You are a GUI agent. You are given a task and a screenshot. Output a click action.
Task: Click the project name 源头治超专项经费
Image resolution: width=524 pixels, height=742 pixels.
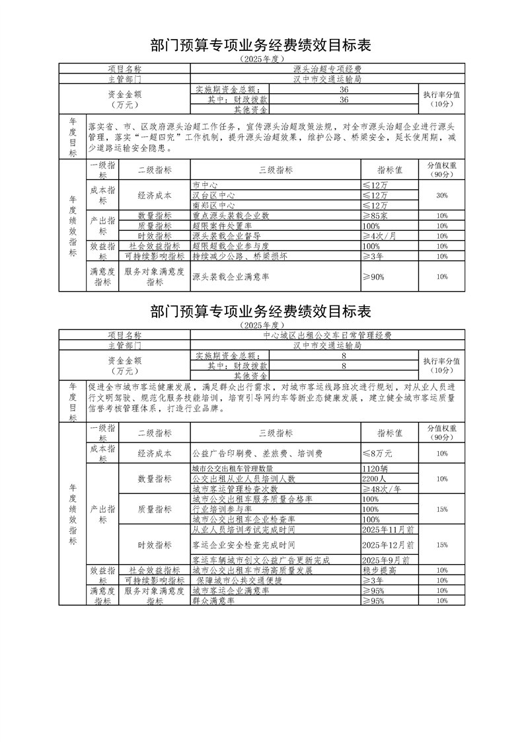(x=328, y=69)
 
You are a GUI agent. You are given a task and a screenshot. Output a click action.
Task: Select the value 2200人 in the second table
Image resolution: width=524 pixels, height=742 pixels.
(x=375, y=478)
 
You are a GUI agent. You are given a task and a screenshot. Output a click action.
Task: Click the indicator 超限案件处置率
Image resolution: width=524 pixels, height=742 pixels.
(x=222, y=226)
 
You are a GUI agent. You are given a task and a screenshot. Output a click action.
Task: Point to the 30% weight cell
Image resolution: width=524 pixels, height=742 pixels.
(x=442, y=196)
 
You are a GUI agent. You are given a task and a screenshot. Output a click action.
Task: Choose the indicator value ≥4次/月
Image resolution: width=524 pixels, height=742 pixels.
(x=382, y=235)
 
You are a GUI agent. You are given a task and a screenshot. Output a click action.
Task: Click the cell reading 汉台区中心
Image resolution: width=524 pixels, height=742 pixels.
(x=213, y=196)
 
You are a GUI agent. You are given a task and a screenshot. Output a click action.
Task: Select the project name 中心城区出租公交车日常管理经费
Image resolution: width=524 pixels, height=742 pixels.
(x=327, y=335)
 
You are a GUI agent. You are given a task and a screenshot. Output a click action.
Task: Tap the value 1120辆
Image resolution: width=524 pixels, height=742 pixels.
(x=376, y=468)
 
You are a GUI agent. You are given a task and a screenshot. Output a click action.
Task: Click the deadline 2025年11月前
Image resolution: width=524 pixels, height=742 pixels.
(x=388, y=530)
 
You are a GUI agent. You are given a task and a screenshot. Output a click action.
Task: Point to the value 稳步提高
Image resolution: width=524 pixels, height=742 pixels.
(x=379, y=569)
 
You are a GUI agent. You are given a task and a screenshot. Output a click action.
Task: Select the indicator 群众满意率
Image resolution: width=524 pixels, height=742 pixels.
(x=212, y=600)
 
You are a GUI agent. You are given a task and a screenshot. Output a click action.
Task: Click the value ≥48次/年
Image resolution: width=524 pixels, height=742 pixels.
(x=382, y=489)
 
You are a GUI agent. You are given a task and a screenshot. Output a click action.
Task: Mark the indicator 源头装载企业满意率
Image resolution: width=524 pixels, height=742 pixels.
(x=229, y=277)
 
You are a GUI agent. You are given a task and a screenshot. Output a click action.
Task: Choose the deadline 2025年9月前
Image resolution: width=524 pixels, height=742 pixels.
(x=386, y=559)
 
